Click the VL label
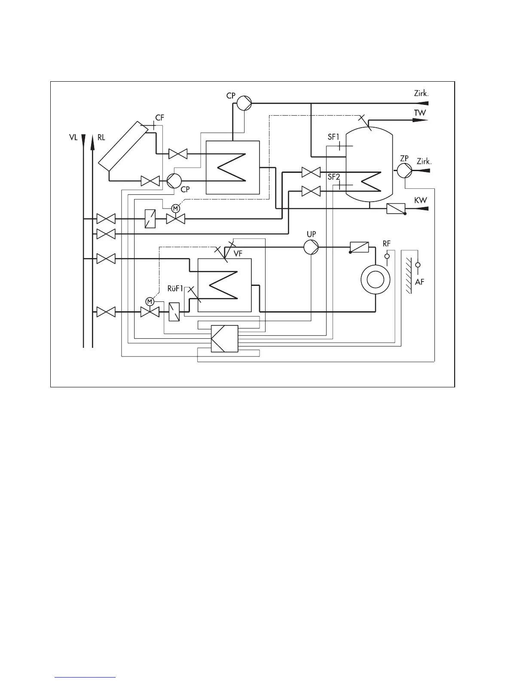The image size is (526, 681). pyautogui.click(x=73, y=138)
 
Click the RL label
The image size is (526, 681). pyautogui.click(x=101, y=138)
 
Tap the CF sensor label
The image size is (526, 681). pyautogui.click(x=159, y=117)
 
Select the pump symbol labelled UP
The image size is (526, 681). pyautogui.click(x=311, y=248)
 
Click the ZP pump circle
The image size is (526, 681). pyautogui.click(x=404, y=171)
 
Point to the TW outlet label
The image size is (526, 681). pyautogui.click(x=420, y=113)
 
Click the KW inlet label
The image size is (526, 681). pyautogui.click(x=420, y=201)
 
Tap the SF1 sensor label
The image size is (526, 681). pyautogui.click(x=334, y=137)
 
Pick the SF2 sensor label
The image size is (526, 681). pyautogui.click(x=334, y=177)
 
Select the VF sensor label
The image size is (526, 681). pyautogui.click(x=238, y=254)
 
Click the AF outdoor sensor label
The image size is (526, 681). pyautogui.click(x=420, y=282)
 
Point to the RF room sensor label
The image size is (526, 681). pyautogui.click(x=387, y=244)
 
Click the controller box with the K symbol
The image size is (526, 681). pyautogui.click(x=224, y=339)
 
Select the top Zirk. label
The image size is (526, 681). pyautogui.click(x=422, y=93)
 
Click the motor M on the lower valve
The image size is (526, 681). pyautogui.click(x=150, y=301)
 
